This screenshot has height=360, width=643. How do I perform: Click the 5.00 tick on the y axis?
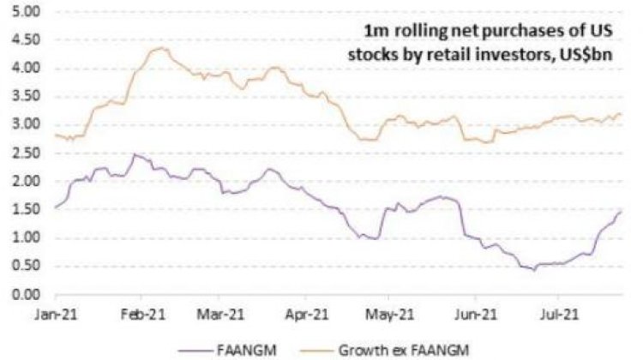[27, 11]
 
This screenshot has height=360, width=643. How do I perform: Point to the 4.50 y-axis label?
[27, 39]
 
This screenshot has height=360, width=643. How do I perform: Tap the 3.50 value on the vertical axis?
[27, 96]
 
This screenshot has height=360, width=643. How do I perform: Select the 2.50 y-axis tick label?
[27, 153]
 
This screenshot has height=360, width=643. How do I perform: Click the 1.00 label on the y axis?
[27, 237]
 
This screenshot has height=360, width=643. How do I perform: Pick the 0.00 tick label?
[27, 294]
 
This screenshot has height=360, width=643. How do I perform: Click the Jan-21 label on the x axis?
[57, 315]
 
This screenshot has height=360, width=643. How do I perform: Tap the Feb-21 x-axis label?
[142, 315]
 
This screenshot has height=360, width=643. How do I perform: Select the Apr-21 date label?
[307, 315]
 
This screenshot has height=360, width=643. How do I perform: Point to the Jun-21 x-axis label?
[475, 315]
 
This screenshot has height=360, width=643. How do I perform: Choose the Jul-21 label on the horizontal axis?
[559, 315]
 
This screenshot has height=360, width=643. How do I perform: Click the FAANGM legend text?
[246, 351]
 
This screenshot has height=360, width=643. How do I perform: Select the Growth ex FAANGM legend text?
[404, 351]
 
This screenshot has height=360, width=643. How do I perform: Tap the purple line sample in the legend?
[195, 351]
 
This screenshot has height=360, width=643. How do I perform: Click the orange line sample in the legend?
[316, 351]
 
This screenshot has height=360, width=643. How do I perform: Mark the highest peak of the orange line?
[161, 48]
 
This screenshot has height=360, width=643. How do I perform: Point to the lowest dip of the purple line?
[534, 270]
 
